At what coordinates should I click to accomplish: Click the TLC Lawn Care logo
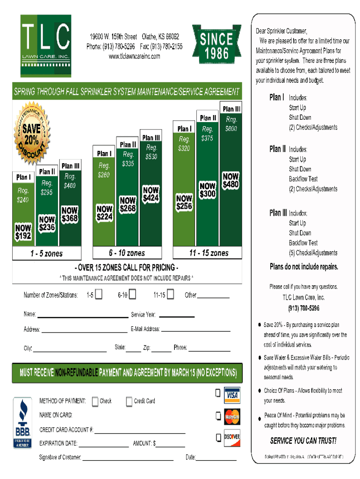tap(46, 46)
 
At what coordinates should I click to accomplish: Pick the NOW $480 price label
tap(230, 181)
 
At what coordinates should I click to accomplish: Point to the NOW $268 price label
tap(128, 205)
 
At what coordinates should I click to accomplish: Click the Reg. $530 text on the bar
tap(151, 152)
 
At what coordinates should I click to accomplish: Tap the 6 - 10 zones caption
tap(127, 253)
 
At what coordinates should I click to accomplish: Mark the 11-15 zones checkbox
tap(170, 295)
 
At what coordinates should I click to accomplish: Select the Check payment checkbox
tap(95, 401)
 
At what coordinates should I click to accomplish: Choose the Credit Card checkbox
tap(130, 401)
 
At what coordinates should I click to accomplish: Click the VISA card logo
tap(232, 395)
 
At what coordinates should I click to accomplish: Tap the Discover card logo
tap(232, 437)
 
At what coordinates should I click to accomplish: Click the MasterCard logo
tap(232, 415)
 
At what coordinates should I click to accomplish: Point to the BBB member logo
tap(22, 423)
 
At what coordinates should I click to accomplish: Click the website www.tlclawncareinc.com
tap(134, 57)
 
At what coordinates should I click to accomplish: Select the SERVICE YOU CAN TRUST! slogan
tap(303, 441)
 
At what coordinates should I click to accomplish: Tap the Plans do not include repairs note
tap(303, 267)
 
